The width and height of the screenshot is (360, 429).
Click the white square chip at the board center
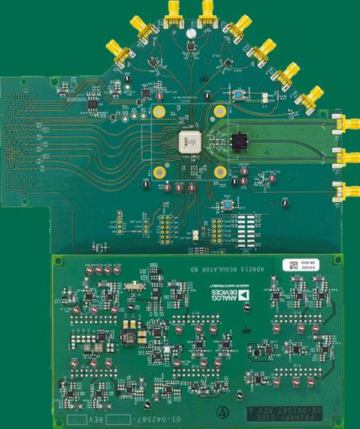coord(190,141)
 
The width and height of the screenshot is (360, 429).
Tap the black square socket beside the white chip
coord(238,143)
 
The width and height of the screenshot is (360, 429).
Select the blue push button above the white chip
coord(237,96)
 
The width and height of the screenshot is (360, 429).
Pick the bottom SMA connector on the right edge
coord(347,190)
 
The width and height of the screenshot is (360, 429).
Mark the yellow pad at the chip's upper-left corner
coord(160,111)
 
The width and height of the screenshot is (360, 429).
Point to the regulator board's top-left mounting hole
coord(60,261)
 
